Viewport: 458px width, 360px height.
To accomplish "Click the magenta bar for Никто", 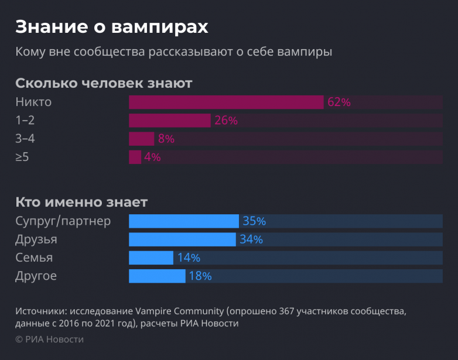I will [x=226, y=102].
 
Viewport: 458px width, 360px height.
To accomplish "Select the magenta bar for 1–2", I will [x=169, y=121].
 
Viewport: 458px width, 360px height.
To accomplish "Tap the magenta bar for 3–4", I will [x=141, y=139].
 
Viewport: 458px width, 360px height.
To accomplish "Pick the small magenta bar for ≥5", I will [x=135, y=157].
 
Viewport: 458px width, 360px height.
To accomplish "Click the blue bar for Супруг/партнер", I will [x=183, y=221].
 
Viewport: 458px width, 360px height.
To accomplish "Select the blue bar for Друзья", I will [x=182, y=239].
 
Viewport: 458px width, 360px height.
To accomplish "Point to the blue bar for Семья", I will [x=151, y=258].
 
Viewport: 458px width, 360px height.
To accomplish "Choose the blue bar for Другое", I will [x=157, y=276].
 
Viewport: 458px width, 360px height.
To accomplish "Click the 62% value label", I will [x=339, y=102].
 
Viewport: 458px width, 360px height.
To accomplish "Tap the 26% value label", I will [x=226, y=121].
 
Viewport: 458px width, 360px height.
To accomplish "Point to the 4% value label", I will [x=152, y=157].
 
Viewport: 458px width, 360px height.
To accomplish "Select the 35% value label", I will [x=254, y=221].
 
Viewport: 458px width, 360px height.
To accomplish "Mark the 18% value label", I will [x=200, y=276].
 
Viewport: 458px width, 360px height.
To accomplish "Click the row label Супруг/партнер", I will [x=63, y=222].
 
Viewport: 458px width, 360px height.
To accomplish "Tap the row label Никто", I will [x=33, y=102].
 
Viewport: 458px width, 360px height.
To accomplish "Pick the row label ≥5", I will [x=22, y=157].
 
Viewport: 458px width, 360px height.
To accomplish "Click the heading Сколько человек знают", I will [x=104, y=83].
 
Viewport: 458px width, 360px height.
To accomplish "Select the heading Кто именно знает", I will [x=81, y=203].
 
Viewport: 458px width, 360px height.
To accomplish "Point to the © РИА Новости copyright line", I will [x=49, y=340].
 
